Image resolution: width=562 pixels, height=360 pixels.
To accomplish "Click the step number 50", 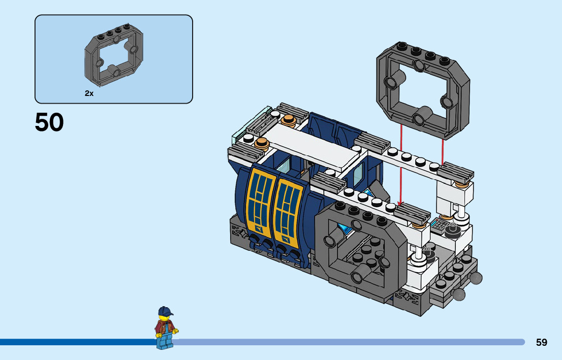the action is click(x=49, y=122).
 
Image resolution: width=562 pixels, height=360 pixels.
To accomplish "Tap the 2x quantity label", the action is click(x=89, y=93).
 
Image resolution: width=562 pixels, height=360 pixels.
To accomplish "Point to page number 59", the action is click(x=542, y=342).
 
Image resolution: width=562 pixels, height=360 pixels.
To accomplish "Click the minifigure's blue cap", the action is click(x=165, y=311).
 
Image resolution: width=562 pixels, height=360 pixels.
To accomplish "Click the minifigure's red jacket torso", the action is click(x=165, y=327).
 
